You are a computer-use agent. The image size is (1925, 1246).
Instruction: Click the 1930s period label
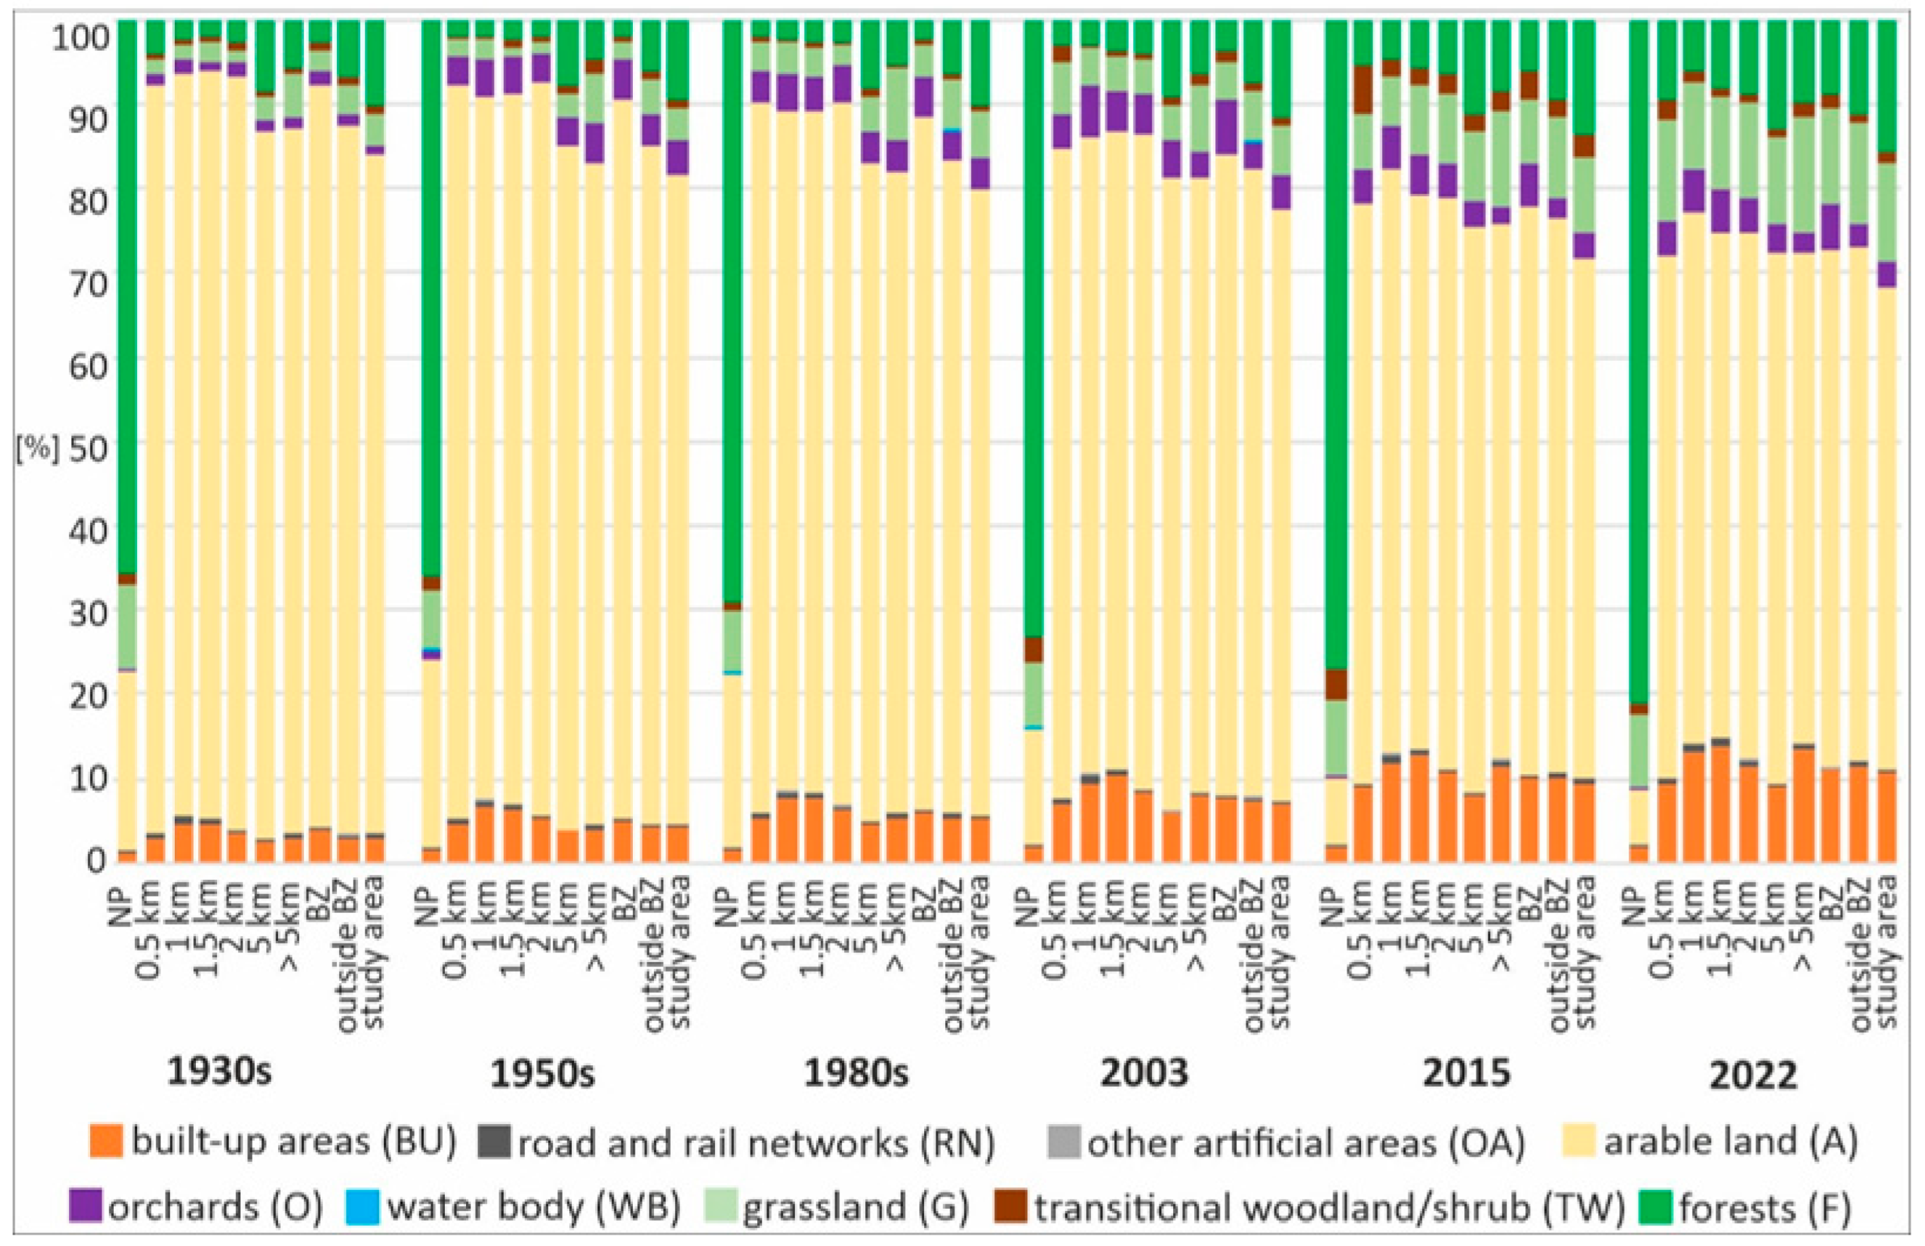219,1072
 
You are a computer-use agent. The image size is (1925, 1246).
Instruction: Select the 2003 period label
1144,1072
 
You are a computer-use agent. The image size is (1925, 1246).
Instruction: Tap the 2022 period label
1753,1075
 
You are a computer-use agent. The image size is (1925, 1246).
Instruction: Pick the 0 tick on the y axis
96,860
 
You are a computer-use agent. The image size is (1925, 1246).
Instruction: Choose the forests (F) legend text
1765,1208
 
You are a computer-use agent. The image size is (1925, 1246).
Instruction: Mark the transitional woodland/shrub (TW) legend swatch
1011,1206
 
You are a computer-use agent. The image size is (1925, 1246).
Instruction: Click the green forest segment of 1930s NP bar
127,296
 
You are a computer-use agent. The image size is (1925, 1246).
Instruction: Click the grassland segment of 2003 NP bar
1034,693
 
